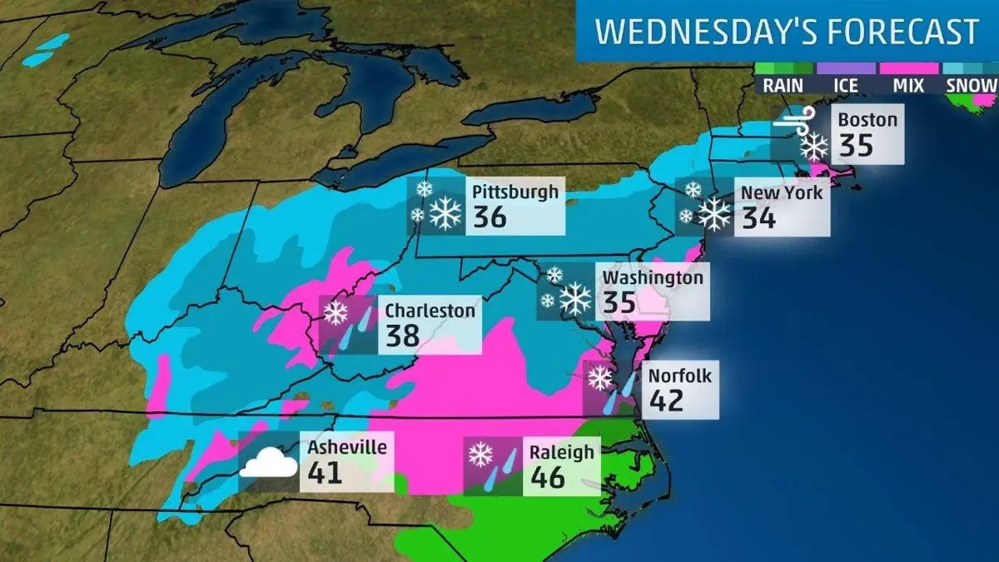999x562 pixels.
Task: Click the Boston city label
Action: click(x=867, y=119)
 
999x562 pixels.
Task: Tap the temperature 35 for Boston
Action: click(x=856, y=146)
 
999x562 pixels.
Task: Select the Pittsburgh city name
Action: click(x=515, y=191)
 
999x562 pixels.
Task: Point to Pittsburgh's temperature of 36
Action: click(x=490, y=217)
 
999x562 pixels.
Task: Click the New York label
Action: click(x=782, y=192)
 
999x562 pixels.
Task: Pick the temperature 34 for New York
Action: click(x=758, y=218)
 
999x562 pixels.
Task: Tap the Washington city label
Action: click(x=653, y=276)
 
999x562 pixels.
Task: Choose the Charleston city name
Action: click(x=430, y=311)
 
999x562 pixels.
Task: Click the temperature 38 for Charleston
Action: click(x=404, y=337)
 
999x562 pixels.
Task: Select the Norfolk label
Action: click(x=680, y=375)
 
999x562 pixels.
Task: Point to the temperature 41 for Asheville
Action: click(x=325, y=473)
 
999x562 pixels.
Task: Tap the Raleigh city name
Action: click(x=562, y=452)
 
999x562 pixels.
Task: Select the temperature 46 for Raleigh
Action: click(x=547, y=478)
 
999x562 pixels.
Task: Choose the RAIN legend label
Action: click(x=783, y=85)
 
